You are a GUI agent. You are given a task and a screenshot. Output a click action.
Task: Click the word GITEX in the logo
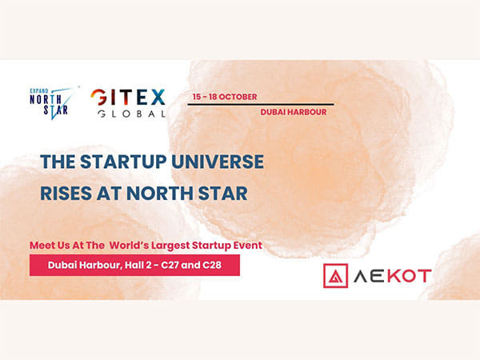[x=128, y=98]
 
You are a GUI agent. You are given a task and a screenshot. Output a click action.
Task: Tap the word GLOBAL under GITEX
[x=128, y=114]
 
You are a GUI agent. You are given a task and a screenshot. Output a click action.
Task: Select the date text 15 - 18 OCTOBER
[x=224, y=97]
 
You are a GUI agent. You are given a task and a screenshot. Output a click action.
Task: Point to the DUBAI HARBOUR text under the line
[x=294, y=113]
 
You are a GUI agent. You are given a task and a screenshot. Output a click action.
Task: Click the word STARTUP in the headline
[x=128, y=162]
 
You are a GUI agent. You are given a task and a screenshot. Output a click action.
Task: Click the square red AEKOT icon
[x=335, y=276]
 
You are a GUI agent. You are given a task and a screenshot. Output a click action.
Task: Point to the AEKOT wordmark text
[x=392, y=276]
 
